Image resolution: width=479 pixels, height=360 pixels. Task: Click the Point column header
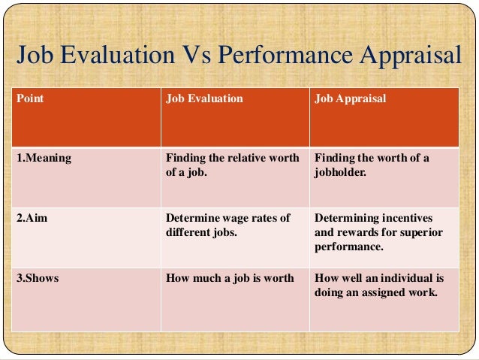tap(29, 98)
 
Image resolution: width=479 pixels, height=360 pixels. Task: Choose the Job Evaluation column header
tap(204, 98)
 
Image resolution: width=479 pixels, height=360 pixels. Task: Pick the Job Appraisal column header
tap(351, 98)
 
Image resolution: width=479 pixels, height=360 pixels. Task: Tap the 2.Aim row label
tap(32, 219)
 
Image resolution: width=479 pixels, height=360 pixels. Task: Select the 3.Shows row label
tap(38, 279)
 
